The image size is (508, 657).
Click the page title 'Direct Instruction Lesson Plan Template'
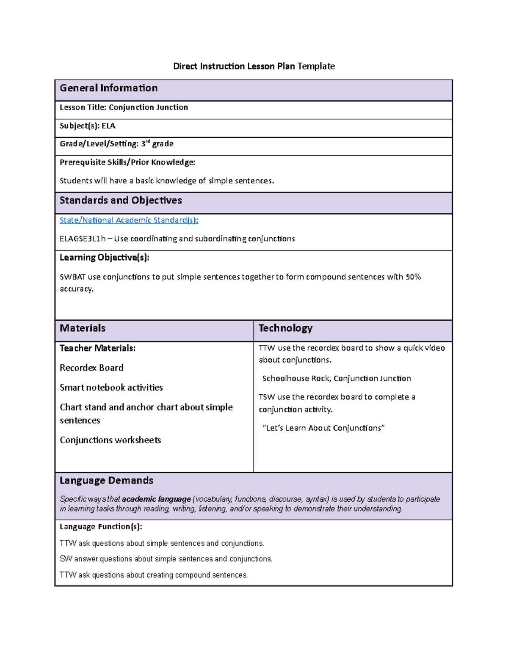click(x=254, y=66)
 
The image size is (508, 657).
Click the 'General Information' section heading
click(x=108, y=88)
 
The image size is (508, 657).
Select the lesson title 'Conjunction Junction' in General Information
click(x=148, y=107)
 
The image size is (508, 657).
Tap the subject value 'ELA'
click(x=108, y=126)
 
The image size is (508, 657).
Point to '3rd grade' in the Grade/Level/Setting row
click(x=157, y=144)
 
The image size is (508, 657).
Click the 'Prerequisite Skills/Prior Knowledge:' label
click(x=127, y=162)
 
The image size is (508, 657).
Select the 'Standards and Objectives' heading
click(x=121, y=201)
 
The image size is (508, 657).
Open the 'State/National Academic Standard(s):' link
click(x=129, y=220)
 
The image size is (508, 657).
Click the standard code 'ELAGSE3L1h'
click(x=83, y=239)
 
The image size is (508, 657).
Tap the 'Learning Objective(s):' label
click(x=104, y=257)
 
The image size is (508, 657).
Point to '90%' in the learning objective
click(x=413, y=277)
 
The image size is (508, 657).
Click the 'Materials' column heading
click(x=83, y=328)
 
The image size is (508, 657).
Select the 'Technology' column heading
click(x=285, y=328)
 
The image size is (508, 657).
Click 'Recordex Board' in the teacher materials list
click(x=91, y=368)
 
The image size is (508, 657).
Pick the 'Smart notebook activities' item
click(x=111, y=388)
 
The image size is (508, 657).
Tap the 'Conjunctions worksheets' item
click(x=110, y=440)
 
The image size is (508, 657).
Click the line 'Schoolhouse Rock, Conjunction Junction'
click(x=337, y=378)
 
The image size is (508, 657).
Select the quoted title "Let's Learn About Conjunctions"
click(x=323, y=428)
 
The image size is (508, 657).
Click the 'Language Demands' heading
click(x=106, y=481)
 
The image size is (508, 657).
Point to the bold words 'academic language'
click(x=156, y=499)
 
